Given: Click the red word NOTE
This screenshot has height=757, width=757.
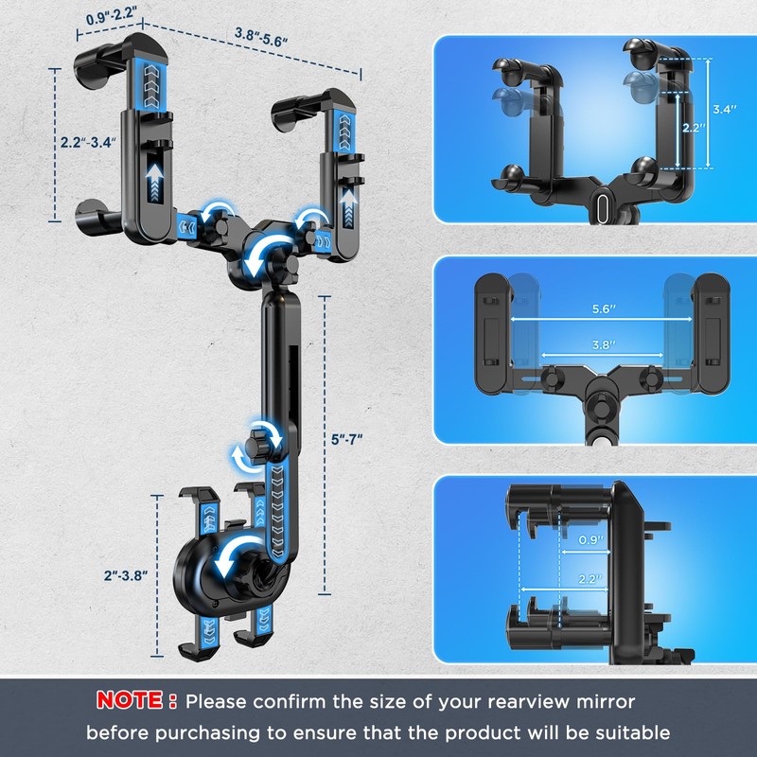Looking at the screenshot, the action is coord(130,700).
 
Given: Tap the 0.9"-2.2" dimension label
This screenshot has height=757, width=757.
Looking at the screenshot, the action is coord(111,16).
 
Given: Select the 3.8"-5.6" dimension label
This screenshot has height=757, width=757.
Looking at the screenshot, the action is coord(261,37).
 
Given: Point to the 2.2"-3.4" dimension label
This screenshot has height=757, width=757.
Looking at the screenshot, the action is coord(88,143).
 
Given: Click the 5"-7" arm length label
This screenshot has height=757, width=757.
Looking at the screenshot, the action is coord(346,439).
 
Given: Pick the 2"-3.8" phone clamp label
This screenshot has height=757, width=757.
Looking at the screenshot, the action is coord(126,575).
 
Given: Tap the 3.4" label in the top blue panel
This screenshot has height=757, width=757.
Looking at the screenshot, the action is coord(725,109).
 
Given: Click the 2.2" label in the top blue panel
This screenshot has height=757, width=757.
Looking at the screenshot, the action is coord(694,128).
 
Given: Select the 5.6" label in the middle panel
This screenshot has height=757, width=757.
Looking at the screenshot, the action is coord(604,309).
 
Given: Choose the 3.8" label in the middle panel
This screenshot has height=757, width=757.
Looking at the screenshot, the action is coord(604,344).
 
